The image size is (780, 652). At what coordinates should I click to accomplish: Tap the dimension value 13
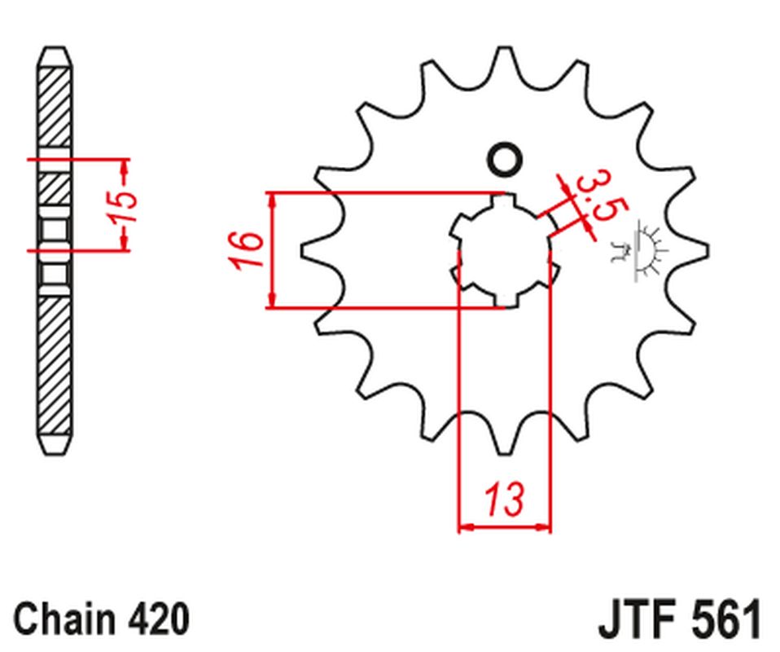tap(506, 500)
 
